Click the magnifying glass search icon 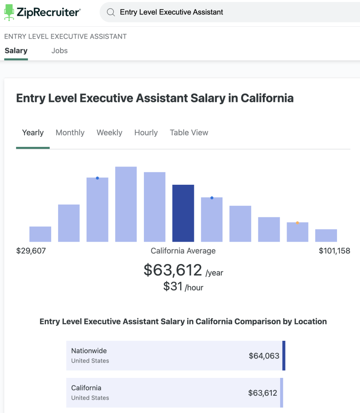[110, 13]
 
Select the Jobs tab [59, 51]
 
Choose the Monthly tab [70, 133]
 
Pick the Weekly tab [109, 133]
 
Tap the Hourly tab [146, 133]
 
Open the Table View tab [189, 133]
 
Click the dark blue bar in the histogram [183, 213]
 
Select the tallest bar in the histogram [126, 204]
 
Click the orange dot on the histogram [298, 223]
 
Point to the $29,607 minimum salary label [31, 251]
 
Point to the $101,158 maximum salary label [334, 251]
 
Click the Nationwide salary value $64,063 [264, 356]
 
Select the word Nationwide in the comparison [89, 351]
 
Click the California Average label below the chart [183, 251]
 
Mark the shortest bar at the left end [40, 234]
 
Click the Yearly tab [33, 133]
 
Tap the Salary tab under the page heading [16, 51]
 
